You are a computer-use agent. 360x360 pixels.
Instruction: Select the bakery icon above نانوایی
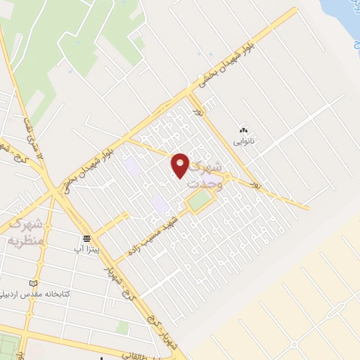coord(244,130)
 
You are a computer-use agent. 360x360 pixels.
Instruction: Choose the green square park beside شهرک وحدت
coord(199,203)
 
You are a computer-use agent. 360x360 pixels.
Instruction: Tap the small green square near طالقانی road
coord(123,328)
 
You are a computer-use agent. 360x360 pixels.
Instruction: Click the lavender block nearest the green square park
coord(161,205)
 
